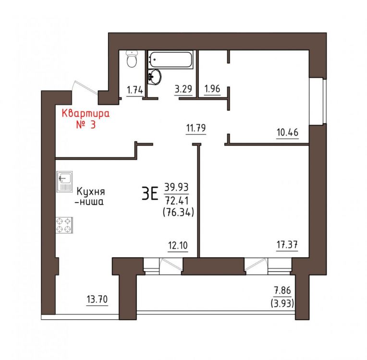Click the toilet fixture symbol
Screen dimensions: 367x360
point(132,59)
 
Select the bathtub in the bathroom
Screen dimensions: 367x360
point(171,60)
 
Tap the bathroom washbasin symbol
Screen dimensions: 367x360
point(154,76)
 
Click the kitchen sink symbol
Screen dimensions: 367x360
point(64,182)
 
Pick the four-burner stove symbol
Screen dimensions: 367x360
point(64,225)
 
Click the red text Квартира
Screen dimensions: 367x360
point(86,114)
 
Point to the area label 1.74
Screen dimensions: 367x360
point(135,90)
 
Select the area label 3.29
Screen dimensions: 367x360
point(183,89)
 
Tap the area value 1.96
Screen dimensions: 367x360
point(212,89)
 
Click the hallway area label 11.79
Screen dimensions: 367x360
point(196,128)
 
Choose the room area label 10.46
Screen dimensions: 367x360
point(287,132)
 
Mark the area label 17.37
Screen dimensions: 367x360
point(287,245)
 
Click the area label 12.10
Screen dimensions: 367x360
point(178,246)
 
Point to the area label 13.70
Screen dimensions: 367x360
point(97,299)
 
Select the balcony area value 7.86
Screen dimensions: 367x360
point(282,290)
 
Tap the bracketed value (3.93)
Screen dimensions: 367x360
point(282,303)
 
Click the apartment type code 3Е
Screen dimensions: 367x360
point(150,194)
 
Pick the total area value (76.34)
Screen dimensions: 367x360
point(178,212)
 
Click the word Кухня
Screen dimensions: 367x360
point(91,192)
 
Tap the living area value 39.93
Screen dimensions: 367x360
point(177,187)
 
